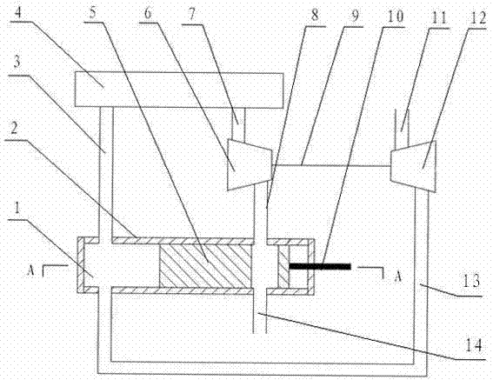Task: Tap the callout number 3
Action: pos(17,62)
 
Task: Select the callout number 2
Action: pos(14,128)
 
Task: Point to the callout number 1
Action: pos(17,209)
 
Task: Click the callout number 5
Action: pos(92,12)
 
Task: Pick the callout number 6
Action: pos(148,12)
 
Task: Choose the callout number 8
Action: pos(315,16)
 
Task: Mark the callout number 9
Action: pos(355,15)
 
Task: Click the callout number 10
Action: pos(396,16)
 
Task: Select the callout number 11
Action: pos(438,17)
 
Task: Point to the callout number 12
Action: pos(478,17)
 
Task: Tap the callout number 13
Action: pos(470,281)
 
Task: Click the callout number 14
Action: pos(473,345)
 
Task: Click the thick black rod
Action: pos(320,266)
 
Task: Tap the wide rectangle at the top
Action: pos(179,90)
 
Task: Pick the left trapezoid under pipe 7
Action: pos(250,165)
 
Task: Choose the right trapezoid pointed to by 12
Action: pos(413,166)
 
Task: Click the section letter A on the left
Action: pos(30,270)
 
